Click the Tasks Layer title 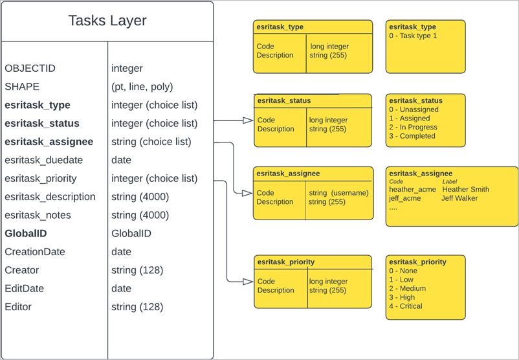(107, 21)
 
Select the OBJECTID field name (29, 68)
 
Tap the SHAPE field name (22, 87)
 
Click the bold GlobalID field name (26, 234)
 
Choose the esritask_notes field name (38, 215)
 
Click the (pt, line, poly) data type (142, 87)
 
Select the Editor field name (18, 307)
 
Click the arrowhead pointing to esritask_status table (247, 120)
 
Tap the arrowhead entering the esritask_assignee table (247, 193)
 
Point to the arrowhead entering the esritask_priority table (247, 282)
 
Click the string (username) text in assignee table (338, 193)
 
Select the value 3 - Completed (412, 136)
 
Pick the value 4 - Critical (405, 306)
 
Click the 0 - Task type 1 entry (413, 36)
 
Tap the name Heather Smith (465, 190)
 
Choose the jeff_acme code (404, 198)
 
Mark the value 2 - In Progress (413, 128)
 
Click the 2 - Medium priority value (407, 289)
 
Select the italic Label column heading (450, 182)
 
